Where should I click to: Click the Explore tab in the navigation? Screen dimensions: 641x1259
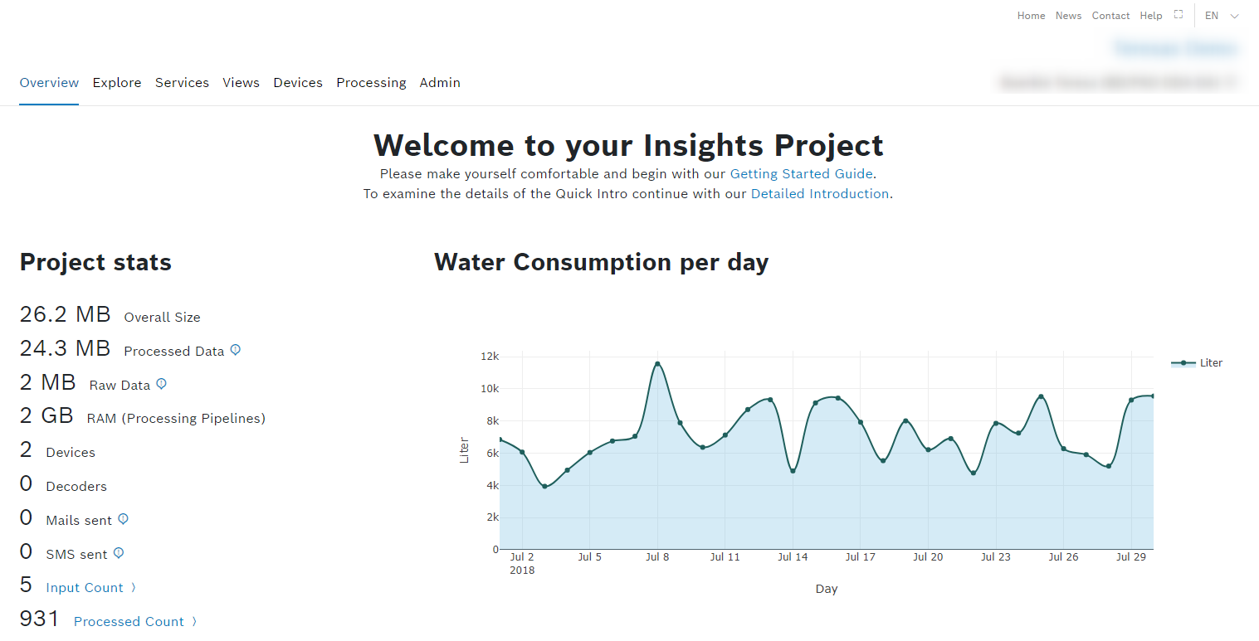(x=117, y=83)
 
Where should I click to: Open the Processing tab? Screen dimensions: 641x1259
(x=371, y=83)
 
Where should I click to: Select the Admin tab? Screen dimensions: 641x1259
(x=440, y=83)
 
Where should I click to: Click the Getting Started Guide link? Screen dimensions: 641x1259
(x=801, y=174)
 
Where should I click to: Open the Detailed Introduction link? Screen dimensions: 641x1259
(x=819, y=194)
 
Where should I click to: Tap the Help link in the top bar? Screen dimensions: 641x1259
(x=1151, y=16)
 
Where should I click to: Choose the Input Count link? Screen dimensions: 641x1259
(x=85, y=588)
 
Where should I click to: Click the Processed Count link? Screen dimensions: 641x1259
(x=129, y=622)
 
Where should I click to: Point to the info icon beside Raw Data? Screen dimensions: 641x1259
(x=162, y=384)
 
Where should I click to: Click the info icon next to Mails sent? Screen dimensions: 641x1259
(x=123, y=519)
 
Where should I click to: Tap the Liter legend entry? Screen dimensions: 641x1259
(x=1197, y=363)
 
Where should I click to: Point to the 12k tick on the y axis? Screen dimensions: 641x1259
(x=490, y=357)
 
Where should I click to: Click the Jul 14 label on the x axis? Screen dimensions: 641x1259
(x=793, y=557)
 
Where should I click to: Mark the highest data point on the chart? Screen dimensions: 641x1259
(x=657, y=363)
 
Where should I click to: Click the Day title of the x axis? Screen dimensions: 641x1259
(x=826, y=590)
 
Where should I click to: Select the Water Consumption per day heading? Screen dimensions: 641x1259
(x=601, y=262)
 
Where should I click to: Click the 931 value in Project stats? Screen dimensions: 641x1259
(x=40, y=619)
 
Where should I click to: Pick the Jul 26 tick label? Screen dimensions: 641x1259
(x=1063, y=557)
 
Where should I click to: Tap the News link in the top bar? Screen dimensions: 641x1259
(x=1068, y=16)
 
